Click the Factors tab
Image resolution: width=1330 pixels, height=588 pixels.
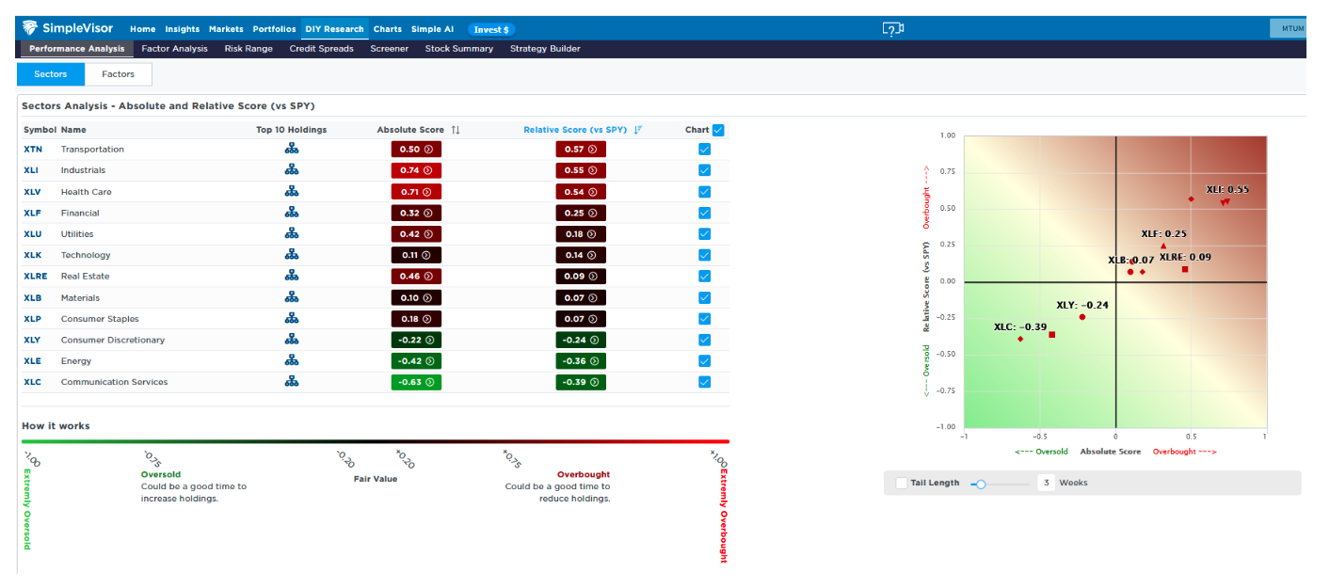[118, 74]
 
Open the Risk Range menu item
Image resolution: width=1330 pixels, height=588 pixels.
[248, 49]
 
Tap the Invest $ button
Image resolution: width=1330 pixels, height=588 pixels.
[491, 30]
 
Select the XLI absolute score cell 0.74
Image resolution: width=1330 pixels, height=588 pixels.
[416, 170]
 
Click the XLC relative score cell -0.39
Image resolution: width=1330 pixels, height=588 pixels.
[581, 382]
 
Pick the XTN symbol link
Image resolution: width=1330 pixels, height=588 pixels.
[33, 150]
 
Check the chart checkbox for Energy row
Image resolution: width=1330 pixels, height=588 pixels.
[705, 360]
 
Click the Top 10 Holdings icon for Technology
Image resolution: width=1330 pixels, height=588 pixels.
[292, 255]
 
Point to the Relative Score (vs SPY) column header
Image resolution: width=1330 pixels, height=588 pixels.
[575, 130]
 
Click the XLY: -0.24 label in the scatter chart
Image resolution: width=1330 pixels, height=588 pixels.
[1082, 306]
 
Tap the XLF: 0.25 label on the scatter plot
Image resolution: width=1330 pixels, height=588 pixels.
[1163, 233]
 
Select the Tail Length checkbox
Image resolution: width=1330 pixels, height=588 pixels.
[902, 483]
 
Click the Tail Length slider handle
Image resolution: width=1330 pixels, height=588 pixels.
[981, 485]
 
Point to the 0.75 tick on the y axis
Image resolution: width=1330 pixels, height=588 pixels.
[948, 171]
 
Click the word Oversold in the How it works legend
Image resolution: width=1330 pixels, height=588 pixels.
[161, 475]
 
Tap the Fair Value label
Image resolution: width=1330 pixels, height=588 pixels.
[376, 479]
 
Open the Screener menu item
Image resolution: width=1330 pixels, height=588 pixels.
[389, 49]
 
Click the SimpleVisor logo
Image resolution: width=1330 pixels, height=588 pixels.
[67, 28]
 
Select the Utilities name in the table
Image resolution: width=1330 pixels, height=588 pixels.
[77, 234]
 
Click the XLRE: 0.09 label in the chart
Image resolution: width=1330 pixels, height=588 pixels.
[1185, 258]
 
